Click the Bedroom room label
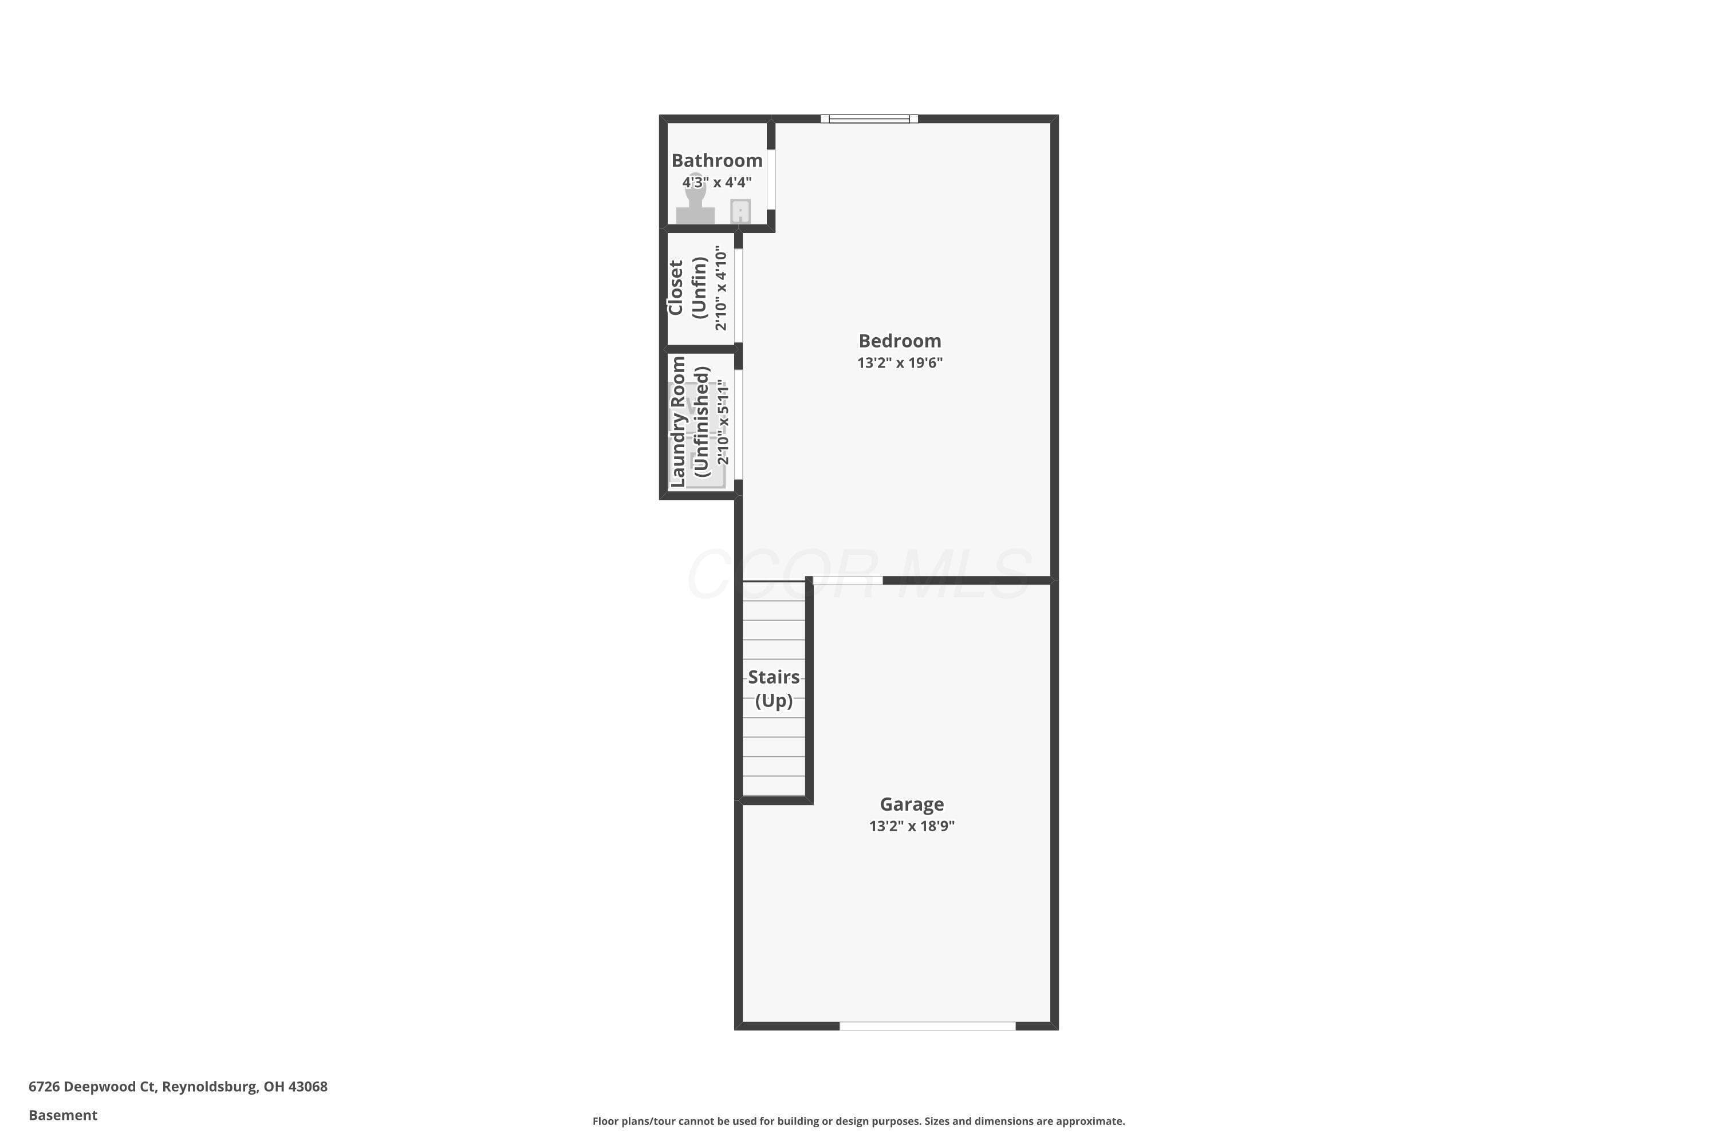(x=899, y=341)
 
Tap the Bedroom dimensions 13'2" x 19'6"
(x=900, y=362)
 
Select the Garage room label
(x=912, y=804)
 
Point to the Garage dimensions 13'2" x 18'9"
(x=912, y=826)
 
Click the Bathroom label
(x=716, y=161)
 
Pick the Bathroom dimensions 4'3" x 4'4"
(x=716, y=182)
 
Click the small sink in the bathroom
(x=740, y=211)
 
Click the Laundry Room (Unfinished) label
(x=689, y=421)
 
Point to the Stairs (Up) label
(x=774, y=689)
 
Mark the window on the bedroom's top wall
(x=869, y=119)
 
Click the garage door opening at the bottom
(x=928, y=1026)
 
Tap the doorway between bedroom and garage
(x=848, y=581)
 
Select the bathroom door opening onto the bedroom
(x=771, y=180)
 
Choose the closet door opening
(x=739, y=296)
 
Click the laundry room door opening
(x=739, y=424)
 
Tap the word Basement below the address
(x=63, y=1115)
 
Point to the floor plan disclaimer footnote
(x=858, y=1121)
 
